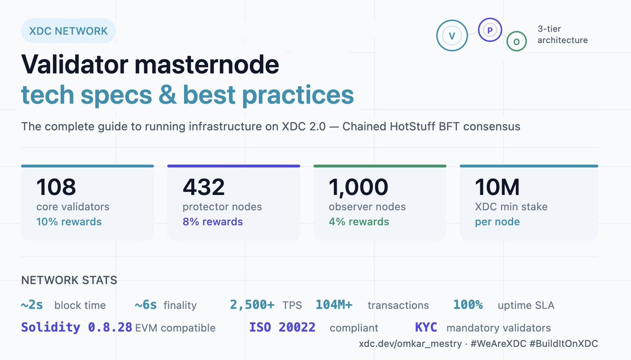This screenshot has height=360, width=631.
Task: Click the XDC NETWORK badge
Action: point(68,31)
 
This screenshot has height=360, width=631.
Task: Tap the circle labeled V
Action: point(451,36)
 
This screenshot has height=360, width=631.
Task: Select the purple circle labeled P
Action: point(490,30)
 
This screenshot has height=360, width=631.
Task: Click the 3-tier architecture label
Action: point(562,35)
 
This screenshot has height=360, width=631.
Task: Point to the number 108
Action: point(56,187)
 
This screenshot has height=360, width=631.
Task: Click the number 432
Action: point(203,187)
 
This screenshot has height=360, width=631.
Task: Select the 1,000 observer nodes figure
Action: point(358,187)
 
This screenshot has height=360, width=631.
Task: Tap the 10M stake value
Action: point(497,187)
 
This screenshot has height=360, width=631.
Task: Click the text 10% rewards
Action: point(69,222)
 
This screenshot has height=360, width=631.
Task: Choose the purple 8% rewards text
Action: point(212,222)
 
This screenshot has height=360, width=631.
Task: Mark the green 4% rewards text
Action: point(359,222)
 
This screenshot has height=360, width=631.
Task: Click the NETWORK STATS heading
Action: point(69,280)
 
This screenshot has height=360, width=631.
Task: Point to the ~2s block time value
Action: point(32,305)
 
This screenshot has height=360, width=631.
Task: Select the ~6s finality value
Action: point(146,305)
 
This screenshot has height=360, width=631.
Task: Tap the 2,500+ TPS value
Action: point(252,305)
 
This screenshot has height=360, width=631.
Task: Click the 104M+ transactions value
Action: point(334,305)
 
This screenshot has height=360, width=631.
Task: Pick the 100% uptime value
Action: point(468,305)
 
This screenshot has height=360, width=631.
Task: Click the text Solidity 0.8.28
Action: point(77,327)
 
